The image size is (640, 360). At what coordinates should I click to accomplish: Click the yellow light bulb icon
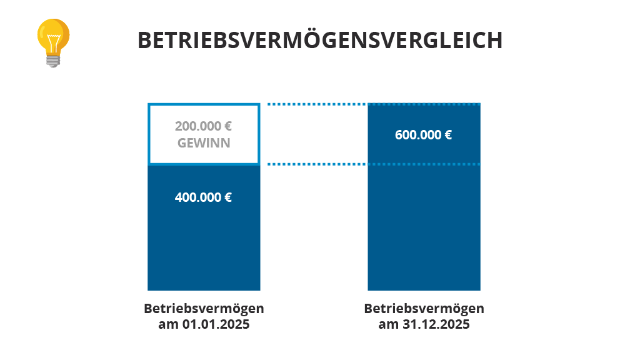click(53, 39)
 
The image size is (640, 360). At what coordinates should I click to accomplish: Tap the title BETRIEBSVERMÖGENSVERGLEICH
click(320, 40)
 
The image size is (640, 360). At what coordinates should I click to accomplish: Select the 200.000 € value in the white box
click(204, 126)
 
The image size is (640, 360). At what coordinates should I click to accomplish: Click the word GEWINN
click(204, 142)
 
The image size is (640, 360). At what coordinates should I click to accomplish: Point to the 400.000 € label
click(204, 197)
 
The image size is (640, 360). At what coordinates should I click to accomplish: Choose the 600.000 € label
click(424, 134)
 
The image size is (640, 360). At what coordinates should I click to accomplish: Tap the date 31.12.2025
click(436, 324)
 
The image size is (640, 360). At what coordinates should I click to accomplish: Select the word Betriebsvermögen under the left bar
click(204, 309)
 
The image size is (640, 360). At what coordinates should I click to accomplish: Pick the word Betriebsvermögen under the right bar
click(424, 309)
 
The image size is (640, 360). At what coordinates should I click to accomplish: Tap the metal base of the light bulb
click(53, 61)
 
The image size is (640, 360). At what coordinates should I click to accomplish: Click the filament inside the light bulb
click(53, 41)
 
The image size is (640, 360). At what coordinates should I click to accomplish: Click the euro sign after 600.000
click(448, 134)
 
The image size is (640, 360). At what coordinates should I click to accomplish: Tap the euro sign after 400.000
click(228, 197)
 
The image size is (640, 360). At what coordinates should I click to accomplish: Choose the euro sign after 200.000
click(228, 126)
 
